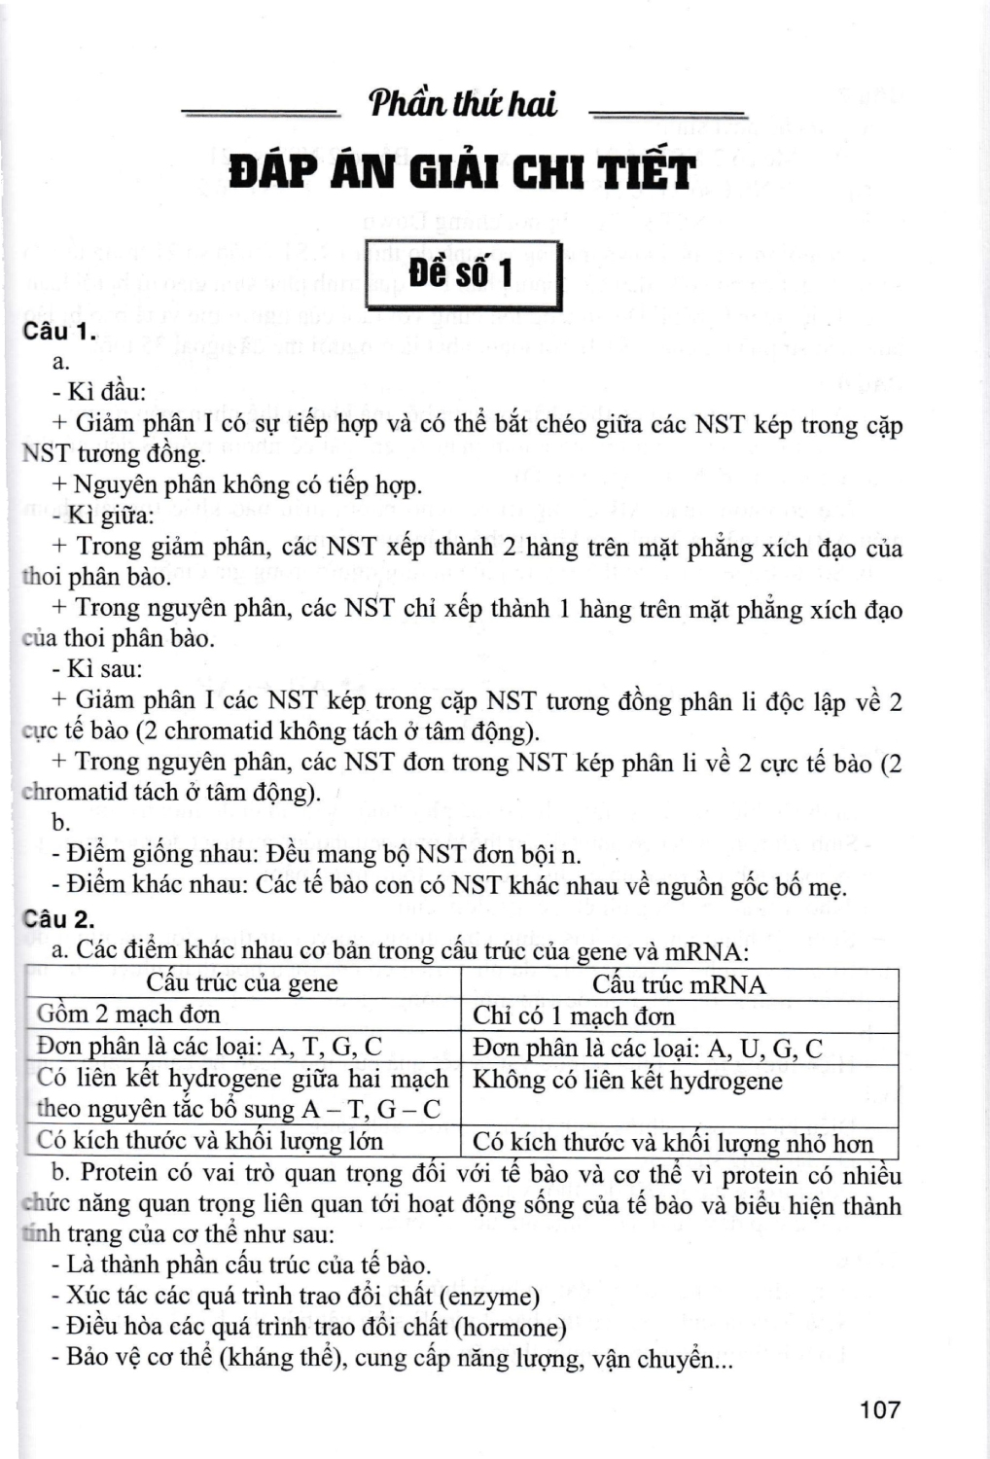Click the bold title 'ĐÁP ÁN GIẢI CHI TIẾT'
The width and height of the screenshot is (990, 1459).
click(x=463, y=173)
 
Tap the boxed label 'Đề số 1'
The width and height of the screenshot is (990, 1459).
click(x=461, y=274)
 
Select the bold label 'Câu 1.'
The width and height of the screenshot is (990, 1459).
click(x=60, y=332)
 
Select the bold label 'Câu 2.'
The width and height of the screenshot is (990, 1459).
click(x=60, y=919)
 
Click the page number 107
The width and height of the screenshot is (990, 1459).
click(x=879, y=1408)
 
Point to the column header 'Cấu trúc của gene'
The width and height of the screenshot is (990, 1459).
click(x=242, y=983)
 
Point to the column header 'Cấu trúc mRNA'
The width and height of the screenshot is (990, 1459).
click(x=679, y=984)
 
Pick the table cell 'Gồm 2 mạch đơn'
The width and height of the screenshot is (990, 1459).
click(x=128, y=1014)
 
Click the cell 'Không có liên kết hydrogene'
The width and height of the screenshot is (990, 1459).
click(x=627, y=1081)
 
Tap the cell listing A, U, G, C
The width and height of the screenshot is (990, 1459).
click(x=648, y=1049)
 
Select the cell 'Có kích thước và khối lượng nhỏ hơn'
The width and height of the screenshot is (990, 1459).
click(x=673, y=1143)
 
